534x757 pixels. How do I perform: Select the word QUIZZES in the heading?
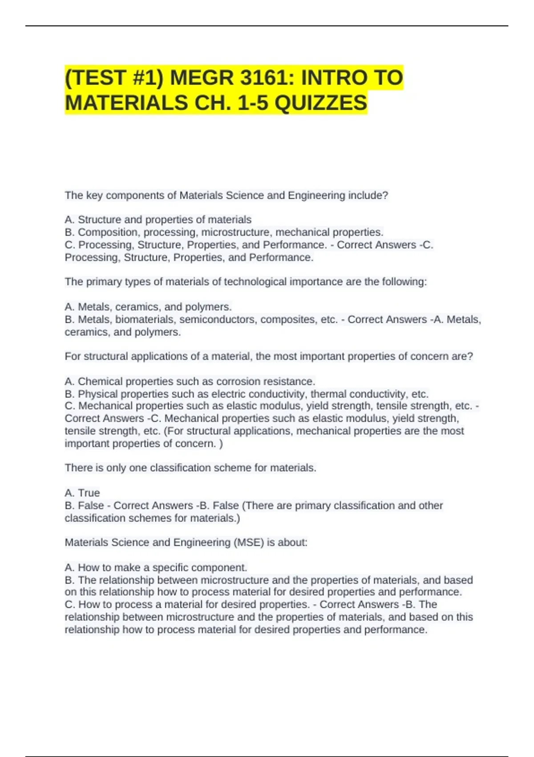321,103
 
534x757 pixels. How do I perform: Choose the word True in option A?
89,493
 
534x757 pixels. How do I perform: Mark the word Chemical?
100,382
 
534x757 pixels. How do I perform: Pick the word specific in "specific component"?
171,568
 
